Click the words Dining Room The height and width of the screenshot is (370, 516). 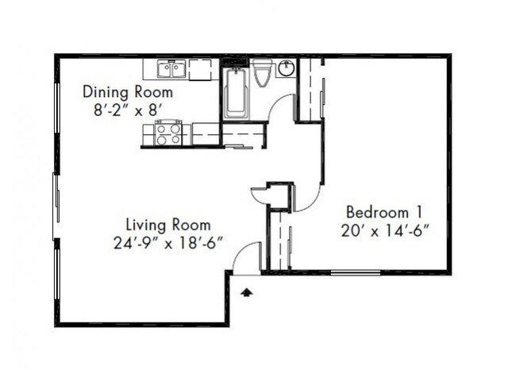click(x=127, y=92)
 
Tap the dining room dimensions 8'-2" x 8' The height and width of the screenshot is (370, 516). click(x=127, y=110)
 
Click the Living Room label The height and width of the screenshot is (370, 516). click(x=168, y=224)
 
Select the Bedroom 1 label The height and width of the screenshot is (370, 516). click(x=383, y=212)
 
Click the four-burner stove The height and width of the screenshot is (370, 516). click(x=168, y=133)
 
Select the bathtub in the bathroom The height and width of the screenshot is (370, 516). click(x=236, y=94)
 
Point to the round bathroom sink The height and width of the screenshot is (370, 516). click(x=286, y=68)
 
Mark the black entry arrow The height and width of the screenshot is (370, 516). click(x=247, y=291)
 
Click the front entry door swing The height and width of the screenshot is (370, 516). click(x=248, y=258)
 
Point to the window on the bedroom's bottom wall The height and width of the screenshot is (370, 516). click(x=354, y=272)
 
